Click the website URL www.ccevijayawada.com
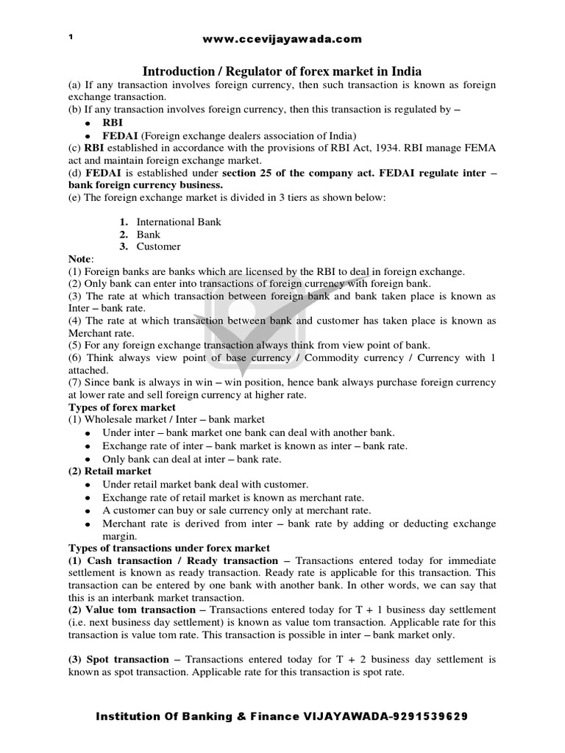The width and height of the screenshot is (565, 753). click(282, 39)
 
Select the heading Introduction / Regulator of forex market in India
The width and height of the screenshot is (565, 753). click(282, 71)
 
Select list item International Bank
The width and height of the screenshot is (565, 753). click(179, 221)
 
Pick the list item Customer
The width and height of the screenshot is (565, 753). click(158, 246)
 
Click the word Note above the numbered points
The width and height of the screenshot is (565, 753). click(81, 260)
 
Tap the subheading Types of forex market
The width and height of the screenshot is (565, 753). click(122, 407)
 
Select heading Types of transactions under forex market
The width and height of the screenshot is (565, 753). click(169, 548)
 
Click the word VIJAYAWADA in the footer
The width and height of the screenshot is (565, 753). click(338, 716)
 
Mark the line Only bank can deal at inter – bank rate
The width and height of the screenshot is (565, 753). click(192, 458)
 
